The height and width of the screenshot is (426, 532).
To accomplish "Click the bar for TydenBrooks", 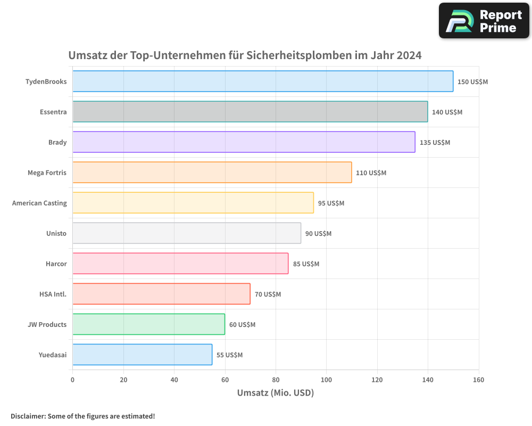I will pos(263,81).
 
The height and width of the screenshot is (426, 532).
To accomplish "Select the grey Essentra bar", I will pos(250,112).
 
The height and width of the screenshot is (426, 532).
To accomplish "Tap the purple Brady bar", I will pos(244,142).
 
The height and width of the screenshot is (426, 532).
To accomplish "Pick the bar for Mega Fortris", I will pos(212,173).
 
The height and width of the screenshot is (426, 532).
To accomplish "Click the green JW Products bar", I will pos(148,324).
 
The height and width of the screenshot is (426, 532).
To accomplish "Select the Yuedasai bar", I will pos(142,355).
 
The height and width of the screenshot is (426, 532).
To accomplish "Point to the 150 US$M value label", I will pos(472,82).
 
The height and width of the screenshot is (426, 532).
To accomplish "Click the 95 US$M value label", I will pos(331,203).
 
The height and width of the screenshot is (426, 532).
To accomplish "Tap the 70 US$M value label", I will pos(268,294).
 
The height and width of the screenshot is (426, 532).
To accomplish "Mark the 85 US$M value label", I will pos(306,264).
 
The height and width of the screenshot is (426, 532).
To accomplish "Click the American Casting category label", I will pos(39,203).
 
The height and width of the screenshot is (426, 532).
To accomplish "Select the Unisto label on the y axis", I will pos(56,233).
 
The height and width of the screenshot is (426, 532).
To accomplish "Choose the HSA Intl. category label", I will pos(53,294).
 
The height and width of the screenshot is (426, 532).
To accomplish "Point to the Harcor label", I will pos(56,264).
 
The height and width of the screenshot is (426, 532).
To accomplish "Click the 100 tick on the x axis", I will pos(327,380).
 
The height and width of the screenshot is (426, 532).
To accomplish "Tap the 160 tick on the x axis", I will pos(478,380).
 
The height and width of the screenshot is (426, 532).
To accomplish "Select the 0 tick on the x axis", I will pos(73,380).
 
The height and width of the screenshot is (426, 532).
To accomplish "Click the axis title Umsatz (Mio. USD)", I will pos(275,393).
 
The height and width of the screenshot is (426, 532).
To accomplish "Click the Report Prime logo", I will pos(484,21).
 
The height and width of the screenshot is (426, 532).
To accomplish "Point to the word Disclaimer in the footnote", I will pos(28,416).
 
